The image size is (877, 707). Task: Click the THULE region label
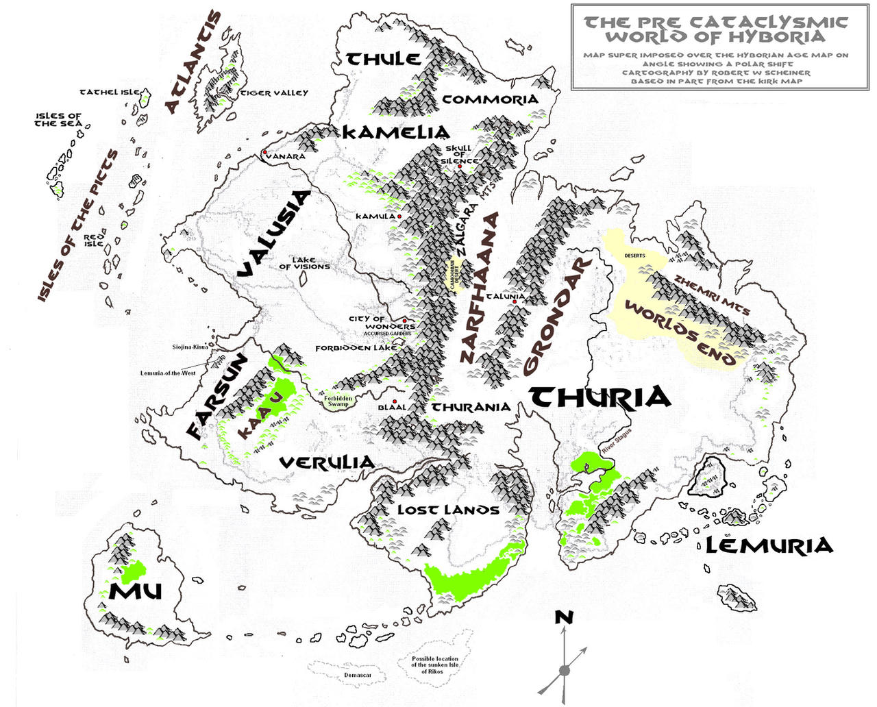coord(384,59)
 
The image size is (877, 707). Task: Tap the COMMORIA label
coord(490,99)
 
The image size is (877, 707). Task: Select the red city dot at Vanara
coord(264,152)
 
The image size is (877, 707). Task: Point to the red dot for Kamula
coord(399,216)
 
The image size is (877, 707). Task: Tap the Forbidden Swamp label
coord(338,401)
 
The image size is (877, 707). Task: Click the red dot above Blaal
coord(395,402)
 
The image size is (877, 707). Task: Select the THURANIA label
coord(471,408)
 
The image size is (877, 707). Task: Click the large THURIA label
coord(600,397)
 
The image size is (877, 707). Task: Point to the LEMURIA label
coord(769,546)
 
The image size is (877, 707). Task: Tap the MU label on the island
coord(135,591)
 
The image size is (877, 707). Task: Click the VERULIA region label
coord(327,463)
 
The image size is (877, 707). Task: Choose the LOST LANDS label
coord(448,510)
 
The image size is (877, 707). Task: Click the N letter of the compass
coord(563,618)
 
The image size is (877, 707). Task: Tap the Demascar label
coord(358,675)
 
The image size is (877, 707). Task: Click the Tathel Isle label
coord(110,92)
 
